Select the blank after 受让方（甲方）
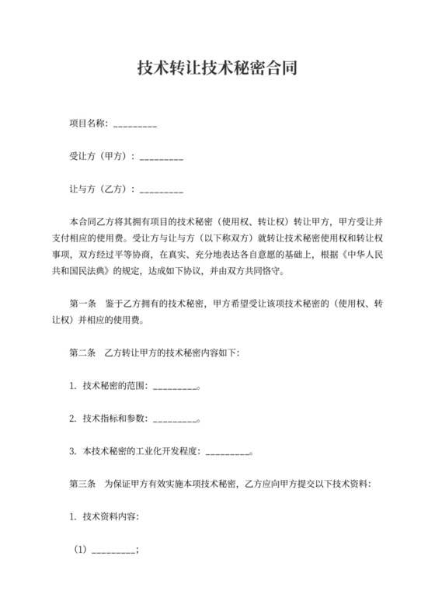[162, 157]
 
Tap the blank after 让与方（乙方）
[162, 189]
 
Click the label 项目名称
[88, 124]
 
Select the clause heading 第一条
[82, 304]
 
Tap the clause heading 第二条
[82, 353]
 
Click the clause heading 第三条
[82, 484]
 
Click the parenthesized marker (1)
[81, 549]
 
